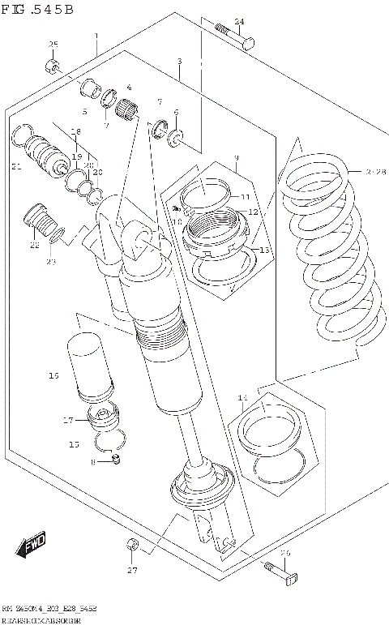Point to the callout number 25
[x=53, y=45]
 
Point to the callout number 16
[x=54, y=375]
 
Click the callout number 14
[x=242, y=397]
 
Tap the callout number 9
[x=236, y=157]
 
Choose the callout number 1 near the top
[x=96, y=36]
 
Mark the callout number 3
[x=179, y=61]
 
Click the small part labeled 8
[x=116, y=461]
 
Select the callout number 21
[x=16, y=168]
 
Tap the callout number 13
[x=263, y=250]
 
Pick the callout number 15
[x=74, y=444]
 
